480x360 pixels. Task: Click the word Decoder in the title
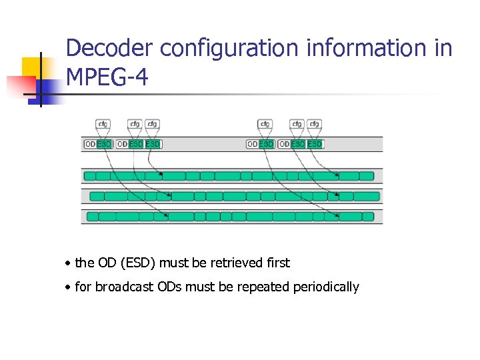[111, 49]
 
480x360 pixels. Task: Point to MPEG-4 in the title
[107, 78]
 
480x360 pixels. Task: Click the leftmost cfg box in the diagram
[103, 124]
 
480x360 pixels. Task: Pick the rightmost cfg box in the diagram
[314, 124]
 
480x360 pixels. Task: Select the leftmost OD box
[90, 144]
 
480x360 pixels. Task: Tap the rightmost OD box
[285, 144]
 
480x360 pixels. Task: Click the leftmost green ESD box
[105, 144]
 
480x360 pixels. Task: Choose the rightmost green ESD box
[315, 144]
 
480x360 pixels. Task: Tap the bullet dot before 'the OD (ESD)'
[69, 263]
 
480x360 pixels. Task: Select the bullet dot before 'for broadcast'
[69, 287]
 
